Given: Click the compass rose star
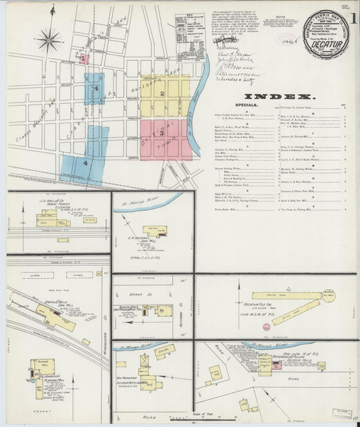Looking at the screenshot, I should (x=49, y=41).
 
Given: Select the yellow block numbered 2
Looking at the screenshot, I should (x=162, y=93).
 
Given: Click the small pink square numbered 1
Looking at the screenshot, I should (x=84, y=59).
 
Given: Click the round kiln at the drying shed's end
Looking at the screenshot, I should (x=328, y=295).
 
